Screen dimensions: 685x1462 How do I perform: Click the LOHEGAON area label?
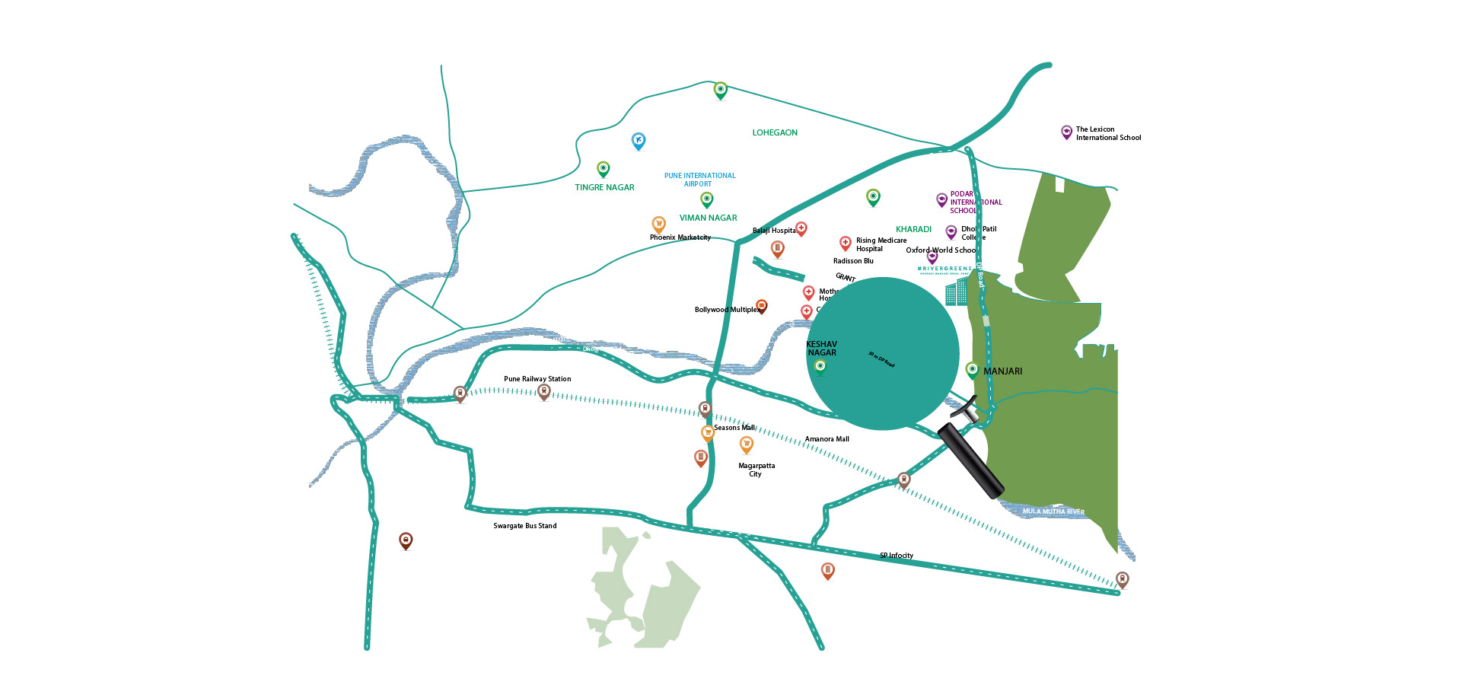click(x=775, y=132)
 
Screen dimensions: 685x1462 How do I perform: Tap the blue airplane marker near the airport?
click(x=639, y=140)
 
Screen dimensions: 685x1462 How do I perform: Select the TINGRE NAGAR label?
click(x=604, y=187)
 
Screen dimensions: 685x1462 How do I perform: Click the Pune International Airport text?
click(x=699, y=180)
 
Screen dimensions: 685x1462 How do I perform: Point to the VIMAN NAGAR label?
click(x=708, y=218)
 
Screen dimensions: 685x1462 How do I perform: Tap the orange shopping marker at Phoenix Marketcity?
click(x=659, y=224)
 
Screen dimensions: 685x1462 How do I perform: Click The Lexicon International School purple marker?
click(x=1067, y=132)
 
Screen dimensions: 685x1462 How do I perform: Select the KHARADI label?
click(x=913, y=229)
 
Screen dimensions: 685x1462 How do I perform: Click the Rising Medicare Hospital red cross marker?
click(x=845, y=243)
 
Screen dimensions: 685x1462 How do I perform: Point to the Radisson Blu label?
click(x=853, y=261)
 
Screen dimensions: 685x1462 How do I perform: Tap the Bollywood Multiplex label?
click(x=726, y=310)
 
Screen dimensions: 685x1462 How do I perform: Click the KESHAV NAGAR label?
click(x=821, y=349)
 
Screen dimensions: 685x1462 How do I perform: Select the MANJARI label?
click(x=1002, y=371)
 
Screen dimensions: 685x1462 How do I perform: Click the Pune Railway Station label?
click(x=537, y=379)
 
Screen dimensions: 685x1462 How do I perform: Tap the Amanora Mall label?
click(x=827, y=439)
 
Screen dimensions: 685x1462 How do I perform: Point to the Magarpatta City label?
click(x=756, y=470)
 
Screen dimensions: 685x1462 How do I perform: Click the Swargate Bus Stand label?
click(x=524, y=526)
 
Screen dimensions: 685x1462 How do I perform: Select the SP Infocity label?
click(x=897, y=556)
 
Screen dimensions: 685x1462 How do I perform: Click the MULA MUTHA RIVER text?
click(x=1053, y=511)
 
